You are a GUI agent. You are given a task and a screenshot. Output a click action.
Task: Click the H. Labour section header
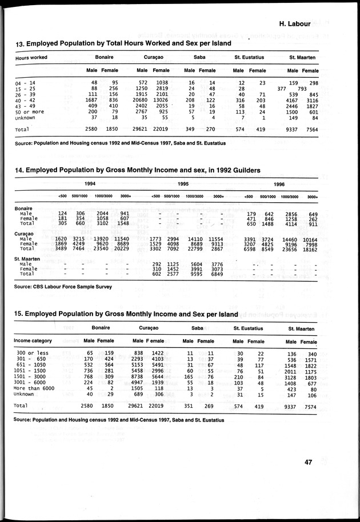[x=295, y=24]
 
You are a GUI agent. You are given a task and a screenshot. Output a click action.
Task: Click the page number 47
[x=309, y=462]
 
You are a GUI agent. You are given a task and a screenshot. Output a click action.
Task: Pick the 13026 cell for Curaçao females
[x=162, y=102]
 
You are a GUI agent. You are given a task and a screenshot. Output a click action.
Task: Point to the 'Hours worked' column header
[x=31, y=58]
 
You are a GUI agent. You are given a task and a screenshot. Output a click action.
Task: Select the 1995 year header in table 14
[x=183, y=184]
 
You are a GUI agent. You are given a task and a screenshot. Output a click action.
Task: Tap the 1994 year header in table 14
[x=90, y=184]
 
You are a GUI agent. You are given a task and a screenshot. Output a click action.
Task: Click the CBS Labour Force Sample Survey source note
[x=63, y=286]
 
